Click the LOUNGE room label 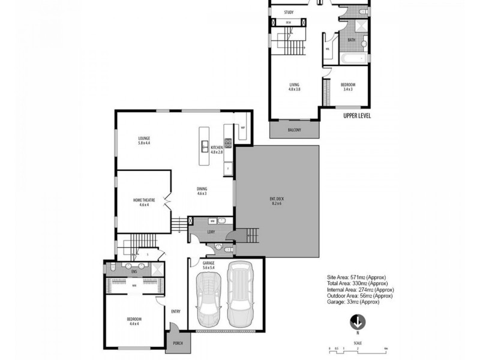tap(143, 138)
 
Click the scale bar tap(358, 349)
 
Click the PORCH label tap(178, 343)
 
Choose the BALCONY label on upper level tap(294, 130)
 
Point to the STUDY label tap(289, 11)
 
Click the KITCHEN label tap(217, 148)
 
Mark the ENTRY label tap(175, 311)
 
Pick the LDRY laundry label tap(211, 231)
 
